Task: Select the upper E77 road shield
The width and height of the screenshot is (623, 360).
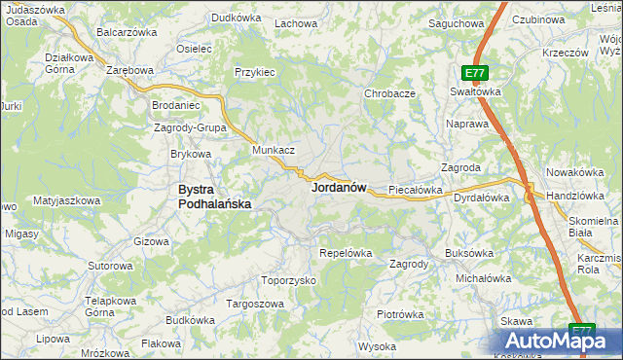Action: tap(475, 73)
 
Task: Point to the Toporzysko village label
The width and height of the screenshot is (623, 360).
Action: tap(289, 279)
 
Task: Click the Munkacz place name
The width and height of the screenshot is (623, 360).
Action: tap(274, 151)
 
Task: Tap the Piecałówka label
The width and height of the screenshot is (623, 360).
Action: tap(416, 190)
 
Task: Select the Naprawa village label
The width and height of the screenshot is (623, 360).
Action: tap(466, 125)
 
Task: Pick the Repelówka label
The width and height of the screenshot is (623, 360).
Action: tap(347, 253)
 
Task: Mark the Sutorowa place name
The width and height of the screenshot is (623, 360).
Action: tap(110, 266)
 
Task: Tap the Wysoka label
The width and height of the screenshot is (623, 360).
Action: tap(377, 346)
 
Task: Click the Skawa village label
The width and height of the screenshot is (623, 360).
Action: tap(516, 321)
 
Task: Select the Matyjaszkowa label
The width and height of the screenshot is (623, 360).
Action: tap(67, 200)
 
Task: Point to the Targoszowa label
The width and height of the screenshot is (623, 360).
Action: tap(255, 304)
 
